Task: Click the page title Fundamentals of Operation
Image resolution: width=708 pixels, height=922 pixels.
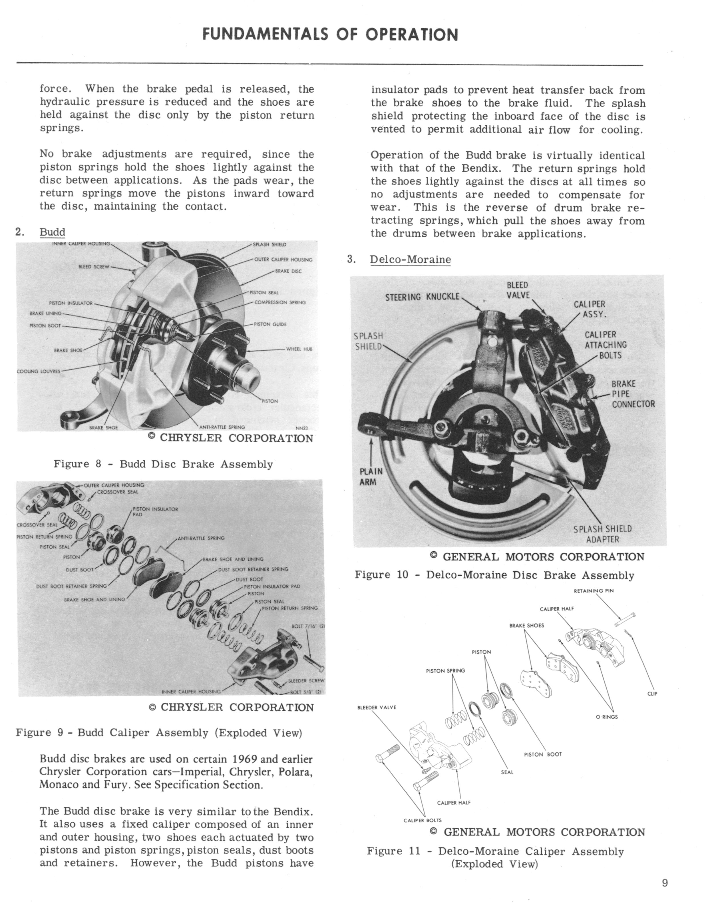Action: point(330,35)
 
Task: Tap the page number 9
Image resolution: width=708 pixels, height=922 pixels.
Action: point(665,894)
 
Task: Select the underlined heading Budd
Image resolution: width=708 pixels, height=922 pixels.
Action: point(52,232)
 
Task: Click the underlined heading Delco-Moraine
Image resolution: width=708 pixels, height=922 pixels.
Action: point(410,260)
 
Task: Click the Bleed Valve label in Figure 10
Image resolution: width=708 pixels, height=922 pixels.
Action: point(518,290)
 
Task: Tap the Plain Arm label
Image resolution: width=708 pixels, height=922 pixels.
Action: point(371,476)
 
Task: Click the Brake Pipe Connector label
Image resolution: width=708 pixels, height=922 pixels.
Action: point(633,394)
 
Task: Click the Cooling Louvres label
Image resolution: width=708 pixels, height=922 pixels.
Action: point(38,371)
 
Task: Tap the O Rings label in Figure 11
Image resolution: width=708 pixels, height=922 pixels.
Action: point(606,717)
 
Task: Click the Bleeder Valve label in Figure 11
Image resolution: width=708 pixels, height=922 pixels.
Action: point(377,708)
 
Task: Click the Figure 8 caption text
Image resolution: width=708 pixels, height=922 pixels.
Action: point(163,464)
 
